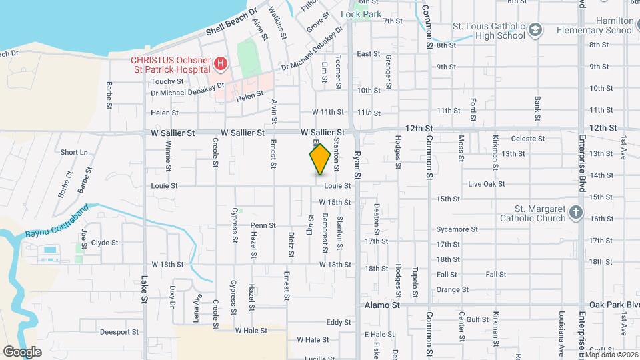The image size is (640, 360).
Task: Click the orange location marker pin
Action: tap(320, 159)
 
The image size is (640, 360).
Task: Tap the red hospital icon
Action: tap(221, 65)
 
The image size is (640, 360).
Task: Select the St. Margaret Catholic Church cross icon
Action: tap(576, 213)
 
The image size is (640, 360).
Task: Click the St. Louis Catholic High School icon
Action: tap(535, 30)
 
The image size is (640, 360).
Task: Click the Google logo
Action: tap(22, 351)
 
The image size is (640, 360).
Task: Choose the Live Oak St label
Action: tap(484, 183)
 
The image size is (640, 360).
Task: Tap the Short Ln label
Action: tap(74, 153)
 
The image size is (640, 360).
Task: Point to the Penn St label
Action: tap(263, 225)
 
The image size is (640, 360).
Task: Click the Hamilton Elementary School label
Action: tap(606, 25)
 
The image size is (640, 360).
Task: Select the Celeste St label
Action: tap(527, 139)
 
